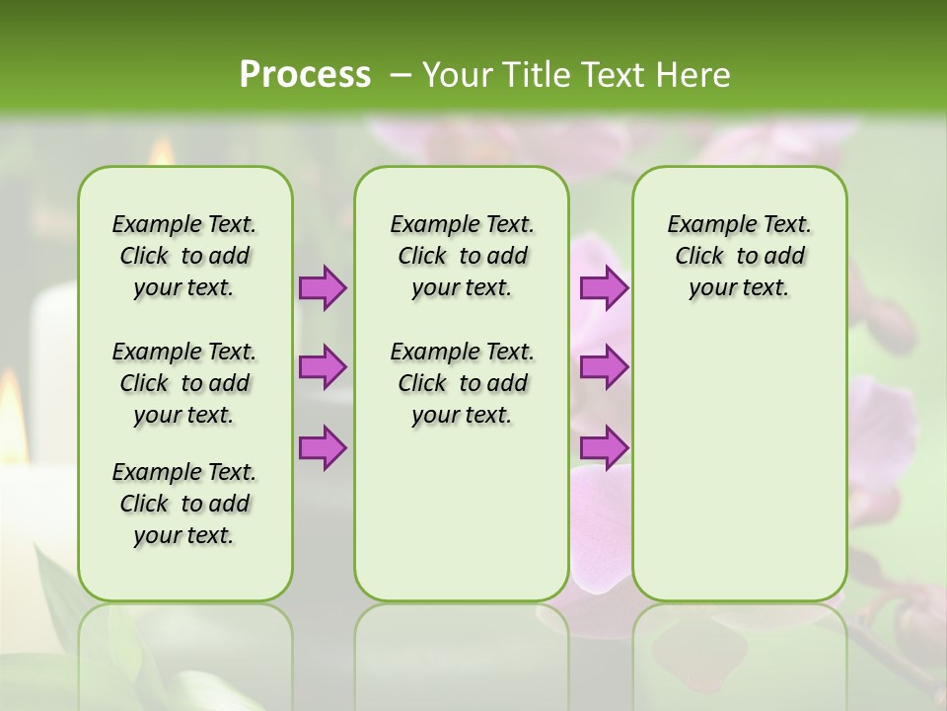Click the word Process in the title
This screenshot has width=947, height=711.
(x=305, y=75)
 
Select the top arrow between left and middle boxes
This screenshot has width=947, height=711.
(x=323, y=287)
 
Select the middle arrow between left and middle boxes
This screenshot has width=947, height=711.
(x=323, y=367)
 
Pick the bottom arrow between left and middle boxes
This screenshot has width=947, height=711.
(x=323, y=447)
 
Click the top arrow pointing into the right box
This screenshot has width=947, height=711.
(x=603, y=287)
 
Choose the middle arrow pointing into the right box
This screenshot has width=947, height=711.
(x=603, y=367)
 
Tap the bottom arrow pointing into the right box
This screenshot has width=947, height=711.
(x=603, y=447)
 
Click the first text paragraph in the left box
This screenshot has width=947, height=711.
(x=184, y=256)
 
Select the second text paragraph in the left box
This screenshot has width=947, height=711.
(x=184, y=383)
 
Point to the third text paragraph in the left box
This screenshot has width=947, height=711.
(x=184, y=504)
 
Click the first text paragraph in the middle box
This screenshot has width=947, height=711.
(x=462, y=256)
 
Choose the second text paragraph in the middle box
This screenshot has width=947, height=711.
(x=462, y=383)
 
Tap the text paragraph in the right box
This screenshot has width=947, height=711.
(x=739, y=256)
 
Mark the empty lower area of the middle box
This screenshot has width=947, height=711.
(x=462, y=523)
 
